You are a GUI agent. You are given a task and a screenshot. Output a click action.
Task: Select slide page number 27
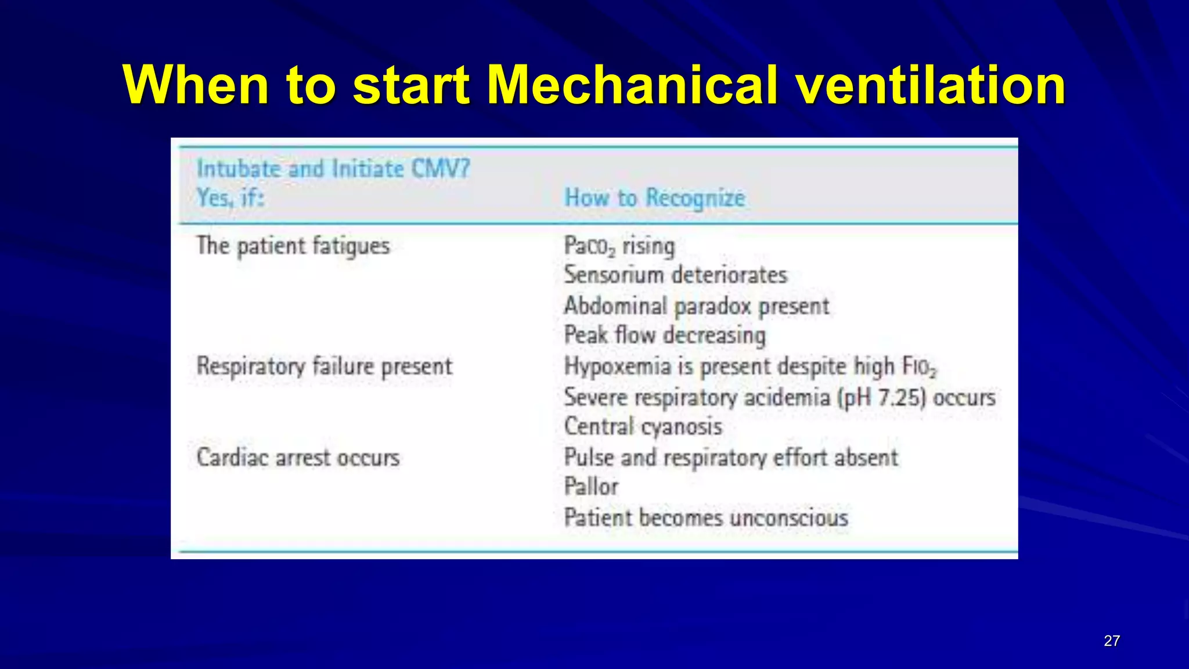tap(1111, 641)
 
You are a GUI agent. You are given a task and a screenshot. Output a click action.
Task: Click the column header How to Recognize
tap(654, 198)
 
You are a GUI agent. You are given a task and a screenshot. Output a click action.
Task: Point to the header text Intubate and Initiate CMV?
tap(333, 169)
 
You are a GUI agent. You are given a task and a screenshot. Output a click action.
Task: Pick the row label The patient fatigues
tap(293, 246)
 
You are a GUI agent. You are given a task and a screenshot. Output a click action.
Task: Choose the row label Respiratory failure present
tap(324, 366)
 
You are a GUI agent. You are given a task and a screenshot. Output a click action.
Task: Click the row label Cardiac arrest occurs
tap(298, 458)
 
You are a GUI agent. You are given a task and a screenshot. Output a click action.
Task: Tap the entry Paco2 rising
tap(619, 246)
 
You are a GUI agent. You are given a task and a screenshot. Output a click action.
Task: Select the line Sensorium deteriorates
tap(675, 275)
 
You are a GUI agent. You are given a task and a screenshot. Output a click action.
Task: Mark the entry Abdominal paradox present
tap(696, 306)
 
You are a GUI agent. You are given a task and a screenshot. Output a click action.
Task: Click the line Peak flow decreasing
tap(665, 335)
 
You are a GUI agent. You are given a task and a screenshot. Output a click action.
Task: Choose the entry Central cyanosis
tap(643, 427)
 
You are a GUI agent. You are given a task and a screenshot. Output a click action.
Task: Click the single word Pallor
tap(591, 487)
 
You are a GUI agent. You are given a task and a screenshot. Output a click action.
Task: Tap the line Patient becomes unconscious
tap(705, 517)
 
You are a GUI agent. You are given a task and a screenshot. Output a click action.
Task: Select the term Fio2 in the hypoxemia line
tap(919, 367)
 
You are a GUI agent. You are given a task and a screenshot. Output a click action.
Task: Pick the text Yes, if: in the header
tap(230, 198)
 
